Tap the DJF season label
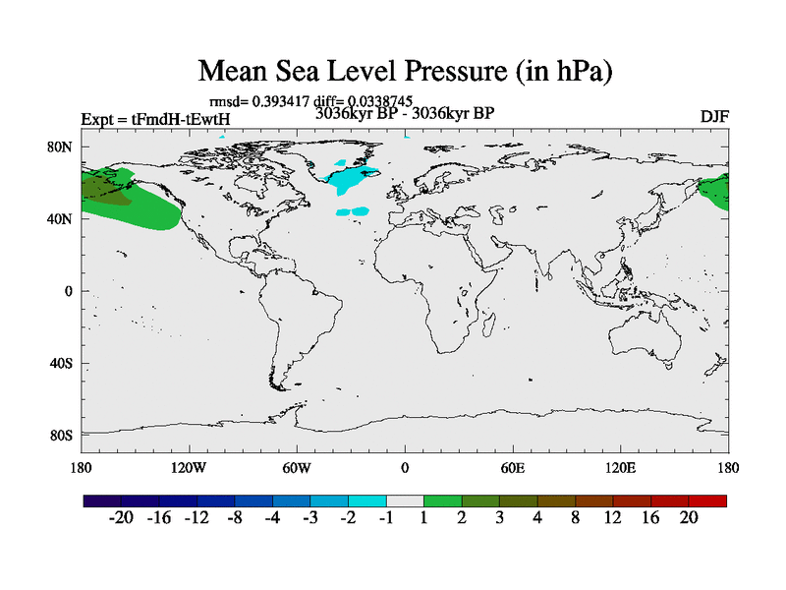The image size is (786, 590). [714, 117]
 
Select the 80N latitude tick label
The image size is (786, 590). [63, 147]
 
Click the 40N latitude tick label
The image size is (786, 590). [63, 218]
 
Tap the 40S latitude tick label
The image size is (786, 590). [63, 363]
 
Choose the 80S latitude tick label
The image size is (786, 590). [63, 435]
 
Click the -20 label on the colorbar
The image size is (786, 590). [120, 518]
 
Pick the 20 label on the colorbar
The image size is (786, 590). [689, 518]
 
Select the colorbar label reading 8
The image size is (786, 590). [575, 518]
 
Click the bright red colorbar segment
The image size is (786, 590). [707, 501]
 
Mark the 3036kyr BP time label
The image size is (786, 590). [404, 113]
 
